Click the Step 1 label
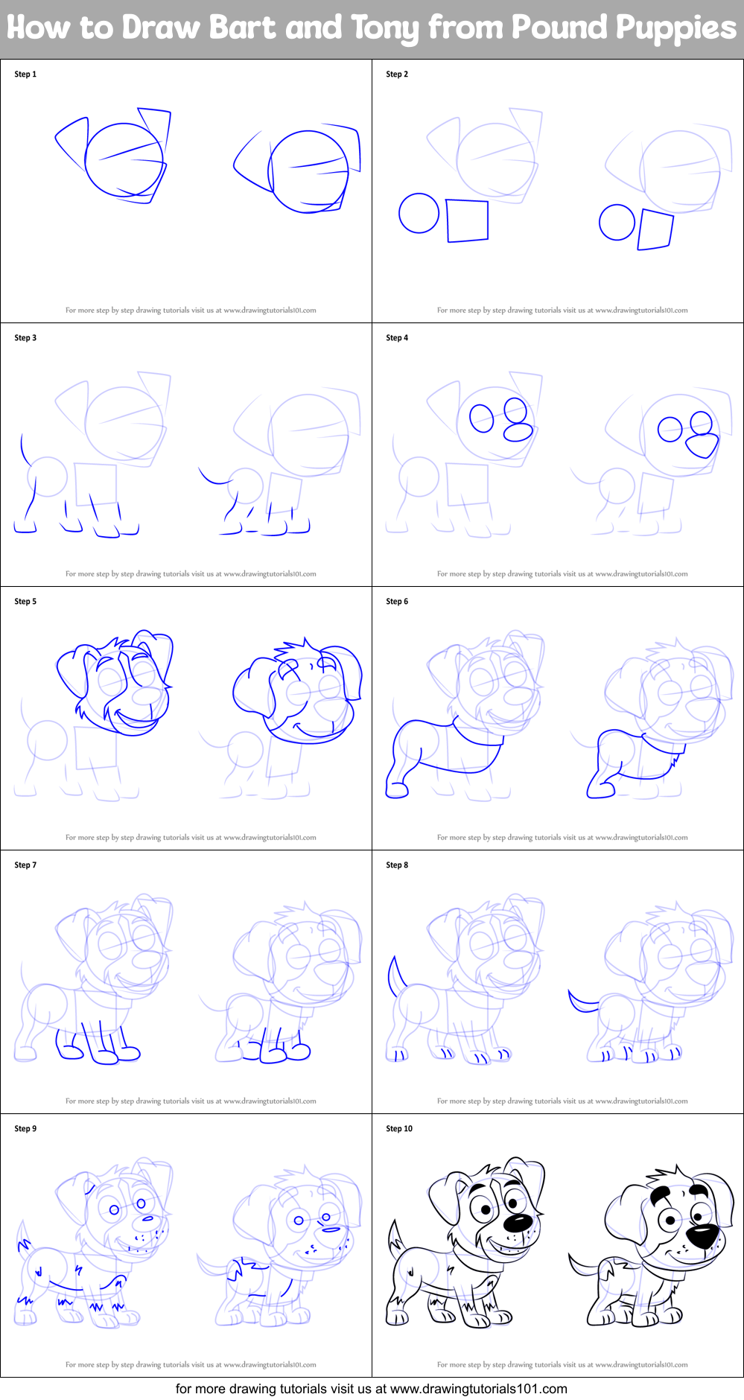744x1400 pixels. point(25,74)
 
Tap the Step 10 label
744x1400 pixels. point(399,1129)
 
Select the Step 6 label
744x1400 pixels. point(397,602)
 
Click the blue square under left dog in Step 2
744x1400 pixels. point(467,220)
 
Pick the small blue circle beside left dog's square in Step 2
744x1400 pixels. point(419,214)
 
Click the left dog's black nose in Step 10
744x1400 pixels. point(518,1223)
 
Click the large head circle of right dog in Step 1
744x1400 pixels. point(308,171)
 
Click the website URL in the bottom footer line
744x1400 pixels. point(478,1389)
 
